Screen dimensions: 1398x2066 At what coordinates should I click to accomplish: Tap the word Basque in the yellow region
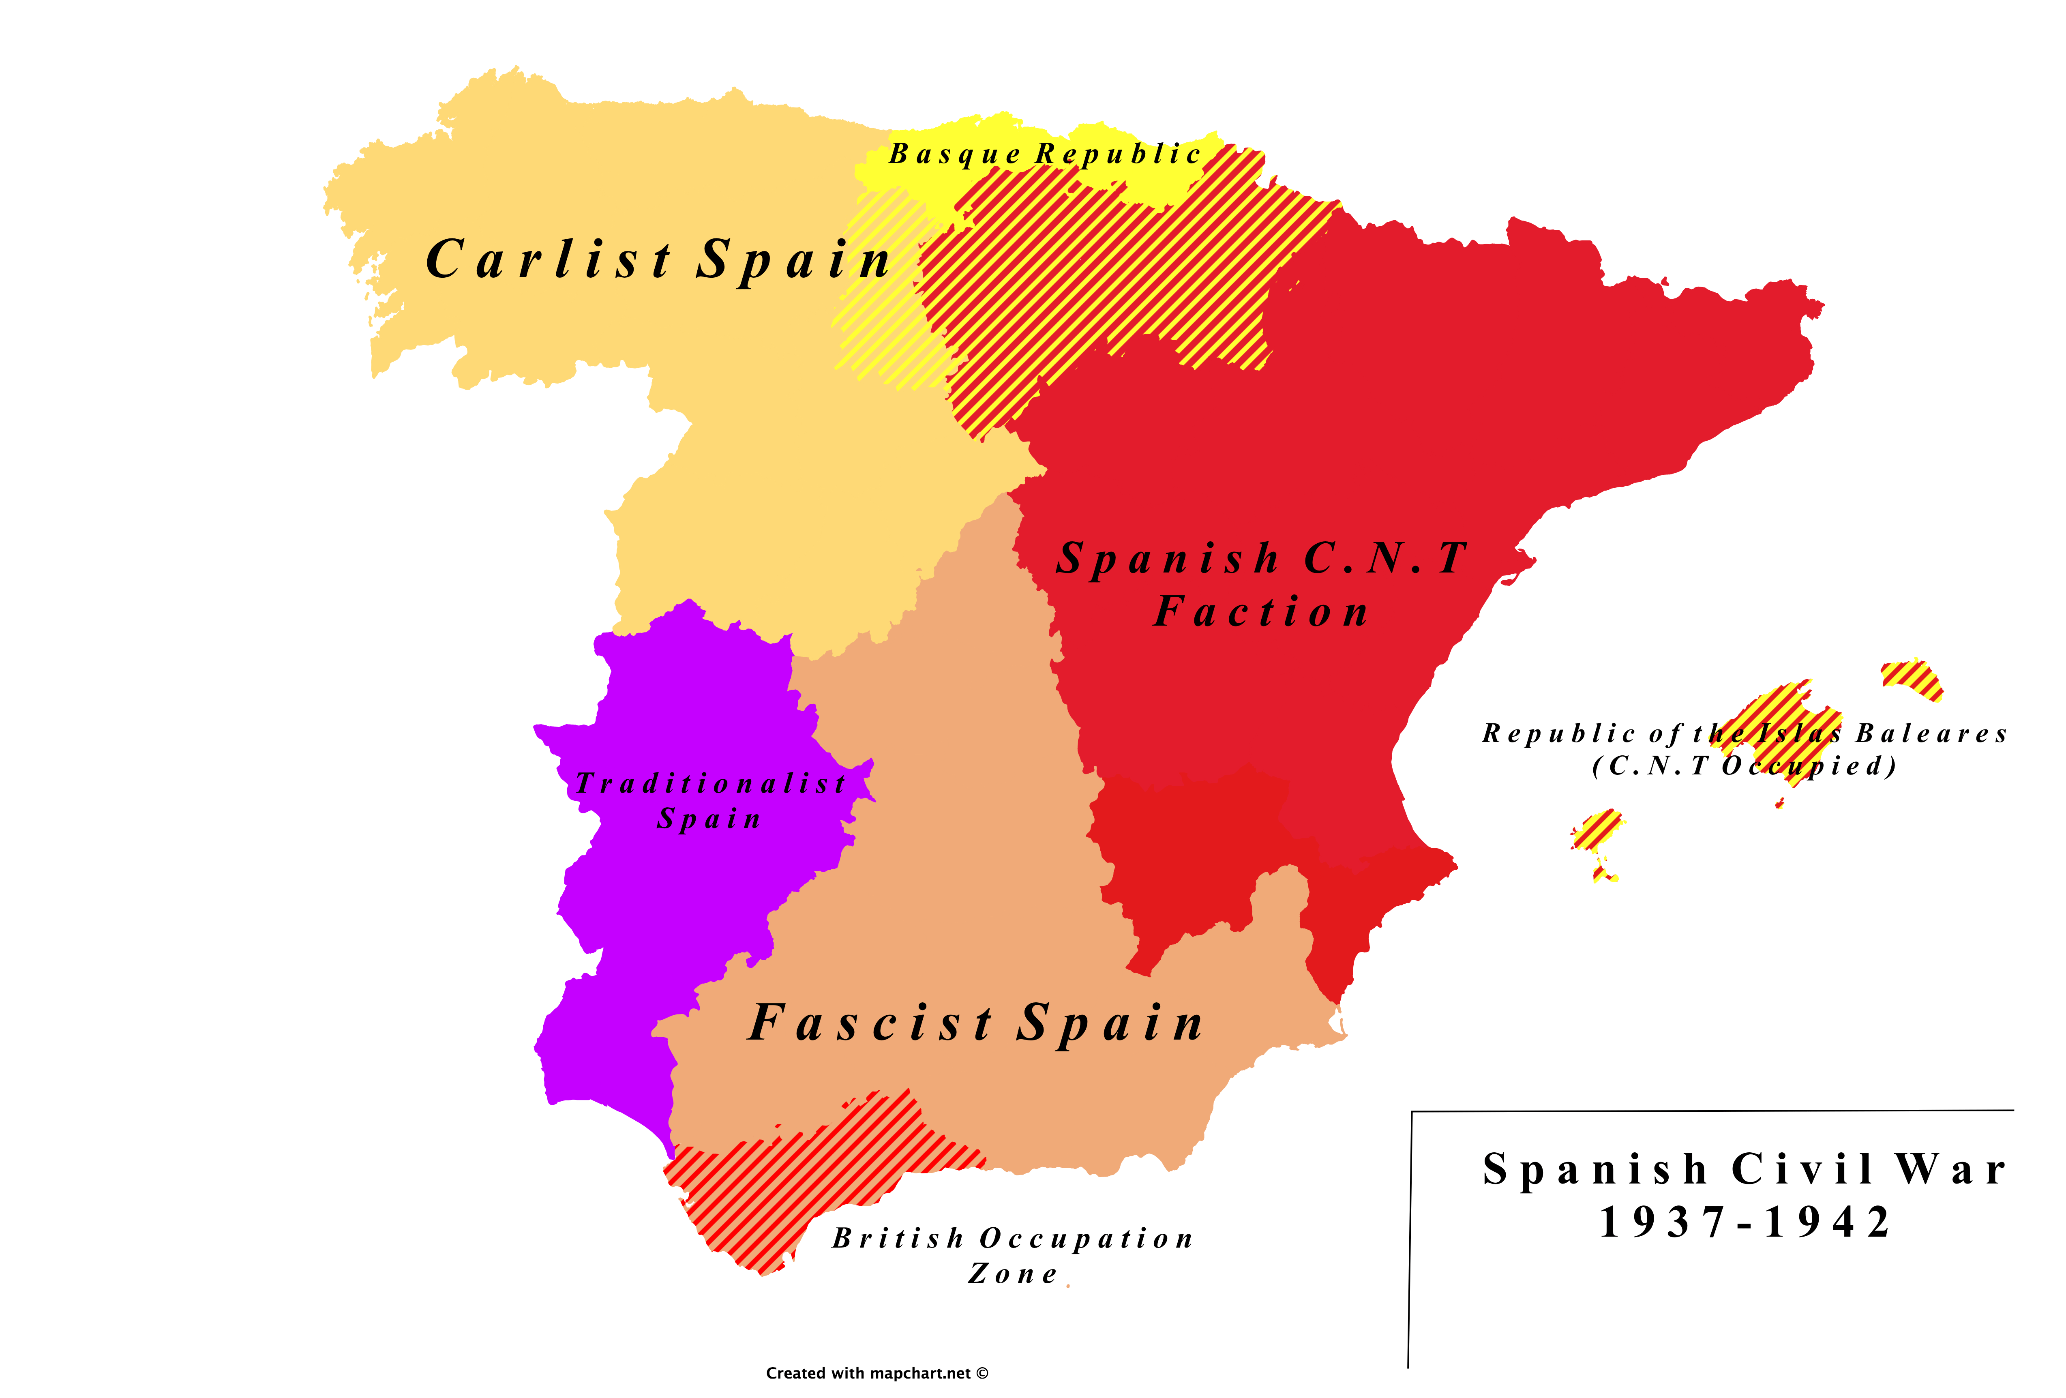pyautogui.click(x=955, y=155)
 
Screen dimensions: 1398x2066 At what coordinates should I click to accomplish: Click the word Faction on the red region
pyautogui.click(x=1260, y=612)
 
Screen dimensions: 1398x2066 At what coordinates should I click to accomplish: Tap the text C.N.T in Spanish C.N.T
pyautogui.click(x=1385, y=558)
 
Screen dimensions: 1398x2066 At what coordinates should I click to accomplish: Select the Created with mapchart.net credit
pyautogui.click(x=877, y=1373)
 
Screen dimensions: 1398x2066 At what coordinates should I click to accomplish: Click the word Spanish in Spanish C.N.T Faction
pyautogui.click(x=1167, y=558)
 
